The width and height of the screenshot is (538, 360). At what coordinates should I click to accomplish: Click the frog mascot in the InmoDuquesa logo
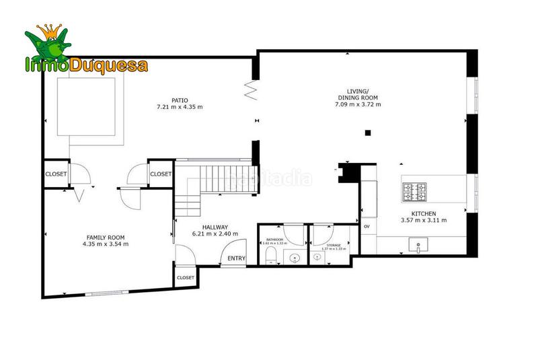pyautogui.click(x=48, y=44)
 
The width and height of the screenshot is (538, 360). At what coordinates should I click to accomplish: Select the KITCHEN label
pyautogui.click(x=424, y=213)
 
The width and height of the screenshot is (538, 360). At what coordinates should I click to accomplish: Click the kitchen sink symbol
pyautogui.click(x=422, y=246)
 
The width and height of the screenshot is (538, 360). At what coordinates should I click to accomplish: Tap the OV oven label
pyautogui.click(x=367, y=227)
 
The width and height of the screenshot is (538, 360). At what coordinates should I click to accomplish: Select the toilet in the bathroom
pyautogui.click(x=272, y=254)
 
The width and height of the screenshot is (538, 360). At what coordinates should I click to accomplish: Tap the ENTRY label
pyautogui.click(x=237, y=258)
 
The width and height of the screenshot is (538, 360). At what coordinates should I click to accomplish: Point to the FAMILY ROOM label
pyautogui.click(x=106, y=237)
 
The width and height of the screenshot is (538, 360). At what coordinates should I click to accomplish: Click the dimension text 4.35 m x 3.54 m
pyautogui.click(x=106, y=244)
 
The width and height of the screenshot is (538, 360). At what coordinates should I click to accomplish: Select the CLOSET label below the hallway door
pyautogui.click(x=185, y=277)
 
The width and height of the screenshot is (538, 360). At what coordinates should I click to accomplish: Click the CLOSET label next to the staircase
pyautogui.click(x=161, y=174)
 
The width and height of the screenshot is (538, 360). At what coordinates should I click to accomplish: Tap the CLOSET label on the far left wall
pyautogui.click(x=56, y=174)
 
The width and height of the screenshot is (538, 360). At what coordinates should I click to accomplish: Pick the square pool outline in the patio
pyautogui.click(x=91, y=111)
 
